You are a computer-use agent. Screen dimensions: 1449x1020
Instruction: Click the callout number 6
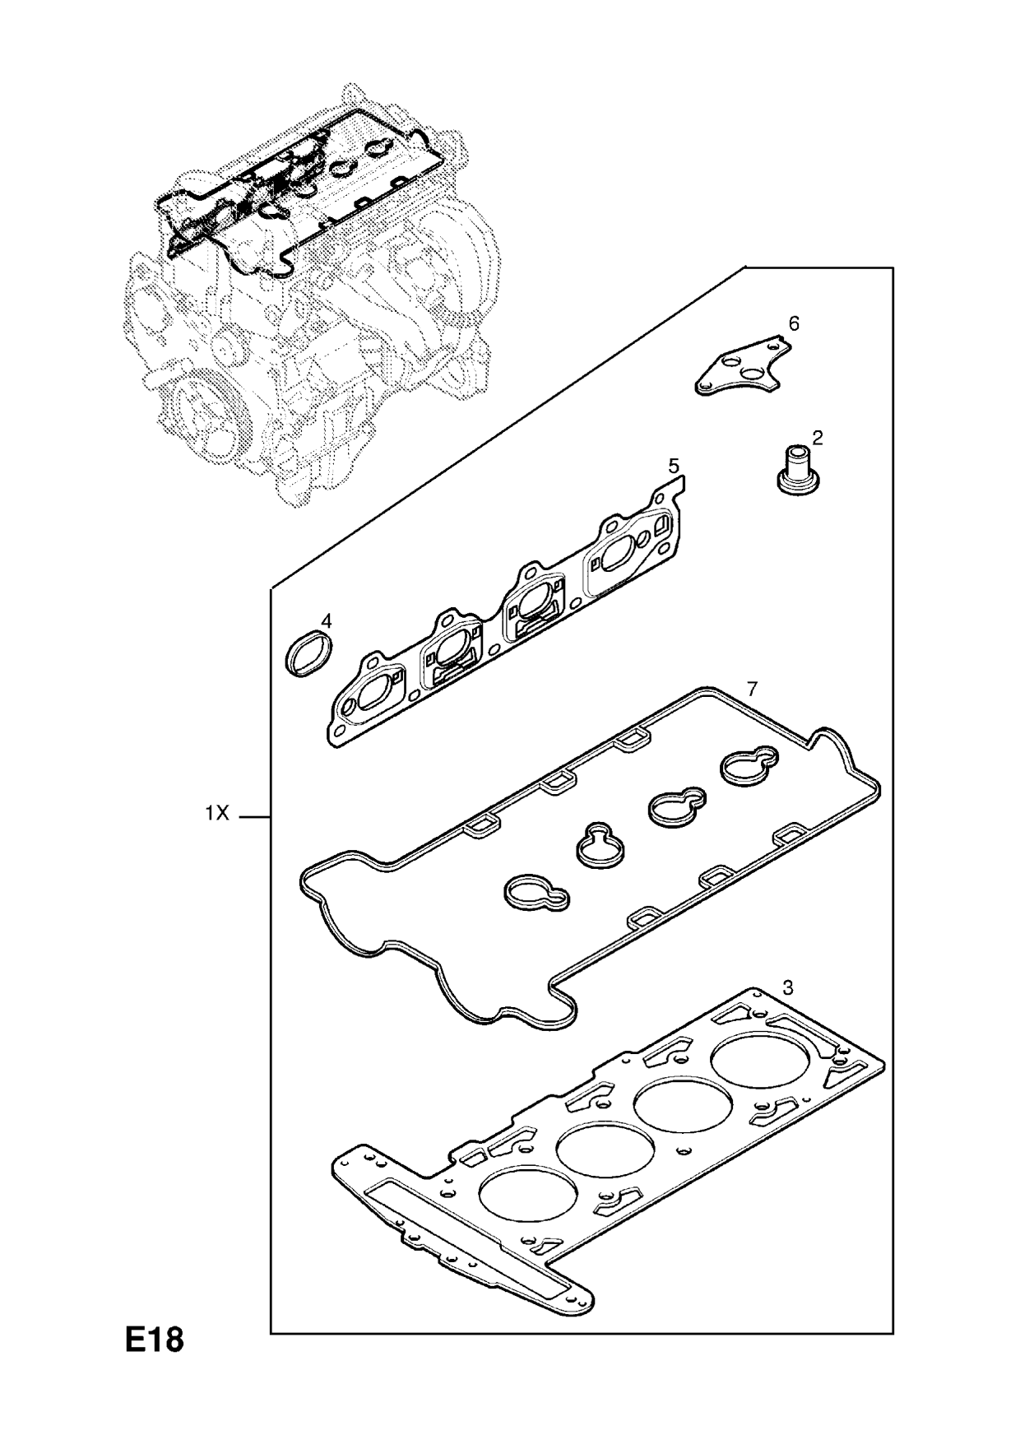click(794, 323)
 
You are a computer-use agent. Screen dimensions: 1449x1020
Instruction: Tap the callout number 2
click(818, 438)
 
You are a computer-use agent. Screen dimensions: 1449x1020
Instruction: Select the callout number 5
click(674, 467)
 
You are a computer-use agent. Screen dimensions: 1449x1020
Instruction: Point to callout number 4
click(327, 620)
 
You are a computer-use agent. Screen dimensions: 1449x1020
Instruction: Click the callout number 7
click(751, 688)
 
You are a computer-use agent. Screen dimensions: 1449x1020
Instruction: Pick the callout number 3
click(787, 987)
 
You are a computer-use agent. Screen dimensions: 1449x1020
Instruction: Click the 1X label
click(216, 814)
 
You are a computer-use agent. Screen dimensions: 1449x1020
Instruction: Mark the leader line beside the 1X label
click(254, 816)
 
